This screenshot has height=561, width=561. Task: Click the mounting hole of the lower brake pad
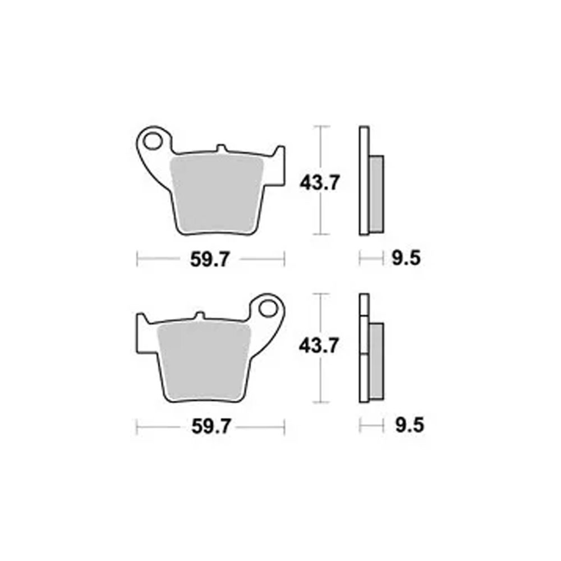(x=268, y=309)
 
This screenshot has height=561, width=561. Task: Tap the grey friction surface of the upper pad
(x=217, y=194)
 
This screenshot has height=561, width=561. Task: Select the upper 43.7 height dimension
(x=319, y=183)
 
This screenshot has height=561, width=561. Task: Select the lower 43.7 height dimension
(x=319, y=346)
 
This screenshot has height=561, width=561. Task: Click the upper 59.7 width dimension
(x=209, y=259)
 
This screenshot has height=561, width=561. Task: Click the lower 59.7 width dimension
(x=211, y=426)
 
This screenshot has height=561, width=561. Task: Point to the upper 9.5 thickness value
(x=406, y=258)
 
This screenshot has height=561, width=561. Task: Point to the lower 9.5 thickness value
(x=410, y=426)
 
